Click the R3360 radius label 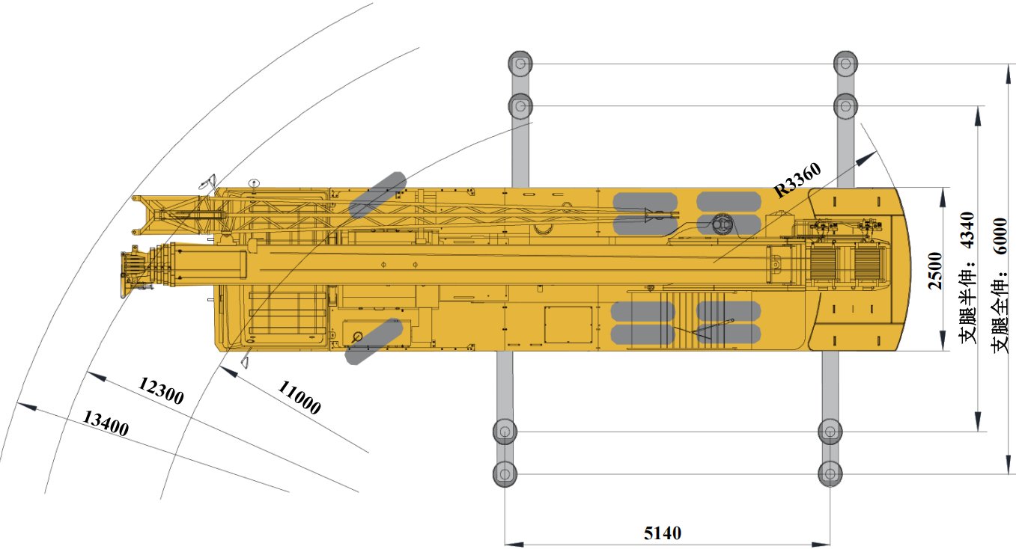[797, 180]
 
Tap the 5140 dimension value [662, 533]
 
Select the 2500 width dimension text [935, 271]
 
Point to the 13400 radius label [106, 423]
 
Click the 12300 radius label [160, 390]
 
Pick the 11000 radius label [299, 397]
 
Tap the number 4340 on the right [967, 230]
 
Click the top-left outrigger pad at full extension [520, 64]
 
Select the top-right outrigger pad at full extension [845, 64]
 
